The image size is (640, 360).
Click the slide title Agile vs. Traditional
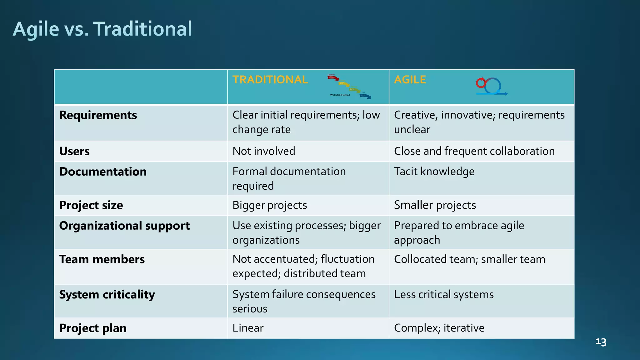click(x=102, y=29)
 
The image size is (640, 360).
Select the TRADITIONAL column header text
click(x=270, y=80)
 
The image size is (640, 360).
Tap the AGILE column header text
click(x=410, y=80)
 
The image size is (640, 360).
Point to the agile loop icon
click(x=491, y=87)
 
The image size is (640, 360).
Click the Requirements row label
click(x=98, y=115)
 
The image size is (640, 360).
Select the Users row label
click(x=74, y=151)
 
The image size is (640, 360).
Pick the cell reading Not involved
click(x=264, y=151)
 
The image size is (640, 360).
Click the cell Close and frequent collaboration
click(x=474, y=151)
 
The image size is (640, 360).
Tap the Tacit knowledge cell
click(x=434, y=172)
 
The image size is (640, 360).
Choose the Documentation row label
click(x=103, y=172)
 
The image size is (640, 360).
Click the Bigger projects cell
click(x=270, y=205)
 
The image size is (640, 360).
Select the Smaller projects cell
click(x=435, y=205)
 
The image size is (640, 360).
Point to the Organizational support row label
click(x=124, y=226)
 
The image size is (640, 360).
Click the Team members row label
click(x=102, y=259)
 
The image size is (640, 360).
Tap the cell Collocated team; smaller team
click(x=469, y=259)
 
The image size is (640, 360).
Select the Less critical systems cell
click(x=444, y=294)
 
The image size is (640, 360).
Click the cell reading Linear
click(x=248, y=328)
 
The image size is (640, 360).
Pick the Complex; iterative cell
click(x=439, y=328)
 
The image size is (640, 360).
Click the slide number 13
click(x=601, y=342)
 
